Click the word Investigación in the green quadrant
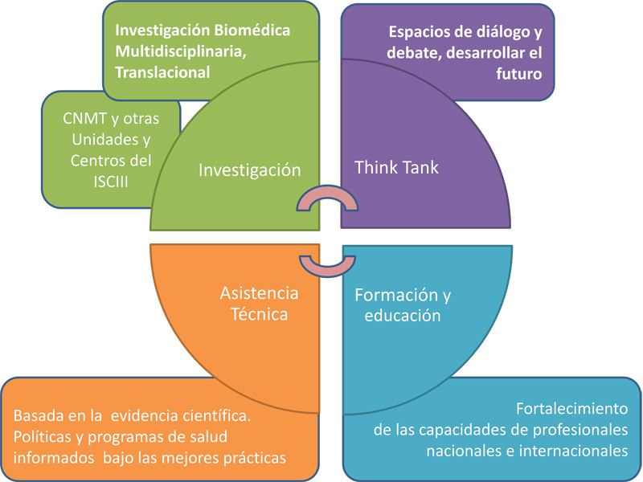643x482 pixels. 249,170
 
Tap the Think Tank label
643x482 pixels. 396,167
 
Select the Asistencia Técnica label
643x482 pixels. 258,304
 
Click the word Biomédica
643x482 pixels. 250,30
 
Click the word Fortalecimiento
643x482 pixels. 572,407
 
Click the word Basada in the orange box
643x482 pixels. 39,416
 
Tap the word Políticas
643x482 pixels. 43,437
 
